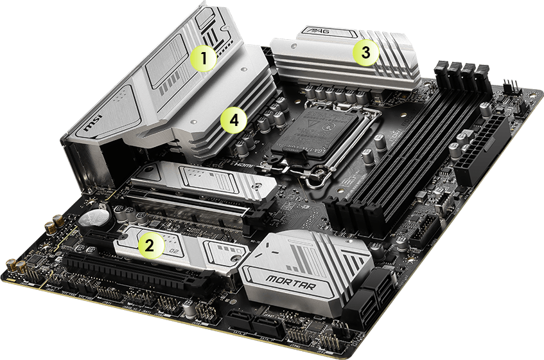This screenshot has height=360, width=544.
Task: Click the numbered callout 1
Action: [x=204, y=59]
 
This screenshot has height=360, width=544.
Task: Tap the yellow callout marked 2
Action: [x=150, y=244]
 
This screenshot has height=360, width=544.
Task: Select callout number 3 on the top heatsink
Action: [x=365, y=53]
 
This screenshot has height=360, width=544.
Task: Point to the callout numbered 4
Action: [x=233, y=120]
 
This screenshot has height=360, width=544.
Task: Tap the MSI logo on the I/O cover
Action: [x=89, y=127]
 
